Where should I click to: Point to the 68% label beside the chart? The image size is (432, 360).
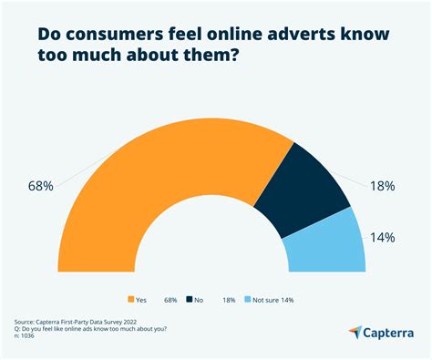coord(42,186)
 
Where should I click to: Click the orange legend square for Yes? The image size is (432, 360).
coord(131,299)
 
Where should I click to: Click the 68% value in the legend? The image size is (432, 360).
coord(170,299)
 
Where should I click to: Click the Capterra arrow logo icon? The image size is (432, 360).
coord(355,332)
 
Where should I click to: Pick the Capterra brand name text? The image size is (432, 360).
coord(390,332)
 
